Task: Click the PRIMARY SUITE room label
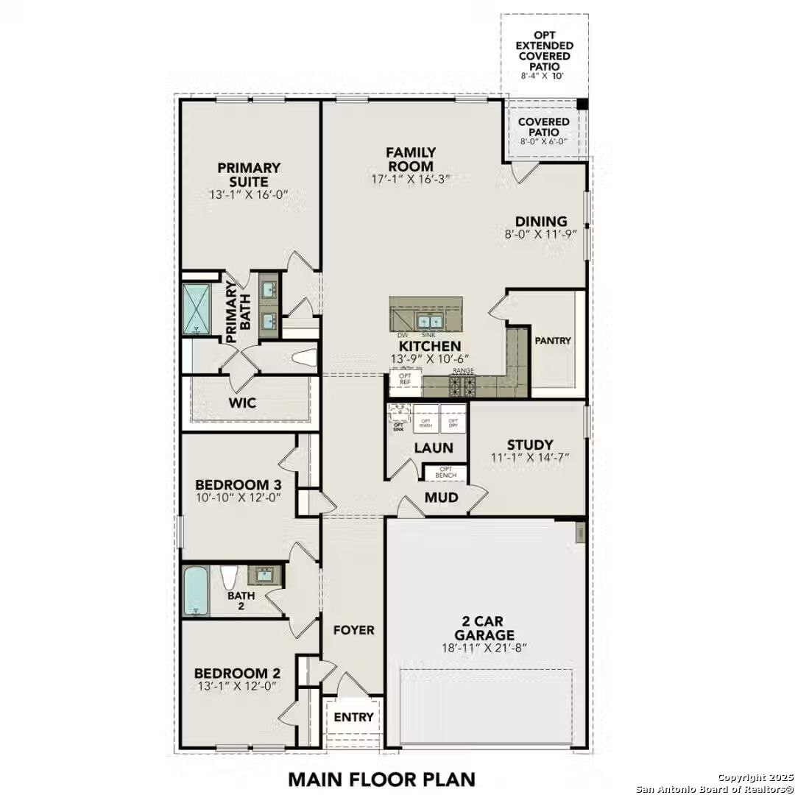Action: tap(249, 174)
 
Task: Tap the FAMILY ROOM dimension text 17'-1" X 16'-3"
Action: tap(410, 179)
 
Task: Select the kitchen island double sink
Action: tap(428, 321)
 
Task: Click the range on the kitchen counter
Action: tap(462, 385)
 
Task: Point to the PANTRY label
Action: tap(553, 341)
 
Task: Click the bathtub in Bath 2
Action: tap(196, 591)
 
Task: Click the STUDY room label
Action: tap(530, 445)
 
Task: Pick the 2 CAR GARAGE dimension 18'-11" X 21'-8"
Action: tap(484, 649)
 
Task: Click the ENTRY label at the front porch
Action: tap(354, 717)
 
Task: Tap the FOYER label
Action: tap(354, 630)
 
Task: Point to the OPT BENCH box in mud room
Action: tap(446, 473)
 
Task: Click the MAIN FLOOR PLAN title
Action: tap(381, 778)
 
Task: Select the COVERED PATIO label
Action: tap(543, 127)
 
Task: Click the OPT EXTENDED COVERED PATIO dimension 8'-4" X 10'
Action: tap(543, 76)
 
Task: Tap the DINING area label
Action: tap(541, 221)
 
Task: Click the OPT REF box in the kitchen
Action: tap(405, 379)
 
